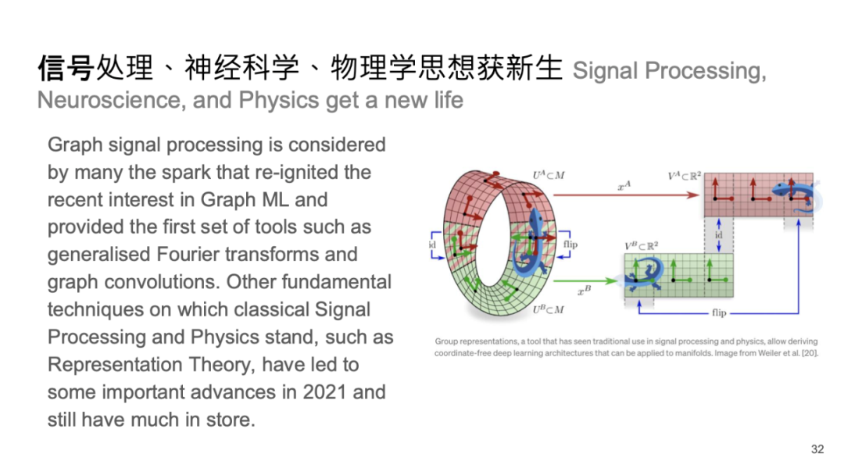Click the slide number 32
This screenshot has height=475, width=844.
(x=817, y=449)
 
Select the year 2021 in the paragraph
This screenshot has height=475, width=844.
(x=324, y=391)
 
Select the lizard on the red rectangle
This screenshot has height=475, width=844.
(x=796, y=195)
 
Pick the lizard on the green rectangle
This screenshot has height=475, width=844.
(x=644, y=273)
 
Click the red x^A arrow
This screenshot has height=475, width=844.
(x=626, y=195)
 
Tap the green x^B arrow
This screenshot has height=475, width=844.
(x=585, y=280)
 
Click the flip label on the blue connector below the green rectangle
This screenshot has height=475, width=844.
(x=719, y=312)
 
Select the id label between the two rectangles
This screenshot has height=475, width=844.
(x=719, y=235)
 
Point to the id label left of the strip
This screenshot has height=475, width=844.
(x=432, y=245)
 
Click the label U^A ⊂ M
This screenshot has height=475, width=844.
(x=549, y=175)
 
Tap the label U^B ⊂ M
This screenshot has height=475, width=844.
(x=549, y=309)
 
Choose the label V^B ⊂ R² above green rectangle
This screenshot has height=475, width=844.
(x=641, y=246)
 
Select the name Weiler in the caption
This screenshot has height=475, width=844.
(x=769, y=353)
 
